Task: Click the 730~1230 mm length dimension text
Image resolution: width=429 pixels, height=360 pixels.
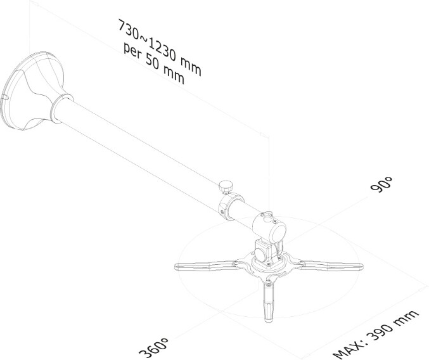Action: tap(160, 47)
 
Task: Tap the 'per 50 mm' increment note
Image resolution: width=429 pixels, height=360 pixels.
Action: tap(154, 63)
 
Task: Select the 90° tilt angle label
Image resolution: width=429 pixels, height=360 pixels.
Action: tap(381, 184)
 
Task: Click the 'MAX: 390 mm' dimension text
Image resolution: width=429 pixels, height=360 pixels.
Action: tap(376, 335)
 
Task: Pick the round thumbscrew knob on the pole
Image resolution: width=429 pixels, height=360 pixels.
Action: tap(226, 187)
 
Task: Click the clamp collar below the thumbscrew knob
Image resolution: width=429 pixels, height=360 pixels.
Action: tap(230, 207)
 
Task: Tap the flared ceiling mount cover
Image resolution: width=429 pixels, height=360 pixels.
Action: tap(33, 91)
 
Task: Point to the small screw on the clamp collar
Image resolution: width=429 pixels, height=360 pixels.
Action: tap(222, 212)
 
